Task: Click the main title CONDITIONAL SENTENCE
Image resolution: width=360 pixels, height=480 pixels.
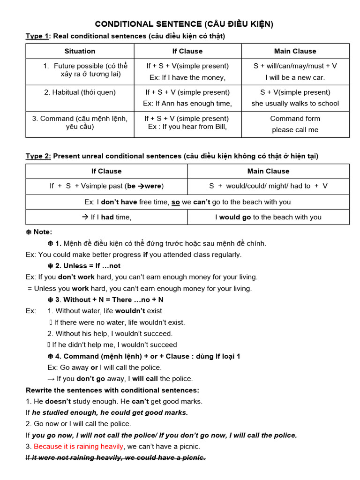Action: tap(184, 24)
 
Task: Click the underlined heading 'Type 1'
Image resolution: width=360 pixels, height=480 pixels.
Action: tap(37, 36)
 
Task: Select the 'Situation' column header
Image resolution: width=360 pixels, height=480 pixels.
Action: tap(80, 51)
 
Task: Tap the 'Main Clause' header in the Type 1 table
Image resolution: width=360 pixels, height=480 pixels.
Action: tap(295, 51)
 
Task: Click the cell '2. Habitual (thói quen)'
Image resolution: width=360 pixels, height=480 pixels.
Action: tap(80, 92)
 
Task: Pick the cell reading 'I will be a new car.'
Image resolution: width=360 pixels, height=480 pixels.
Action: tap(295, 77)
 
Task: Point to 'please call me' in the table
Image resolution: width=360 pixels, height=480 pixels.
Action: tap(295, 130)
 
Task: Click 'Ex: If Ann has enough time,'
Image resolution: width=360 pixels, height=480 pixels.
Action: tap(187, 104)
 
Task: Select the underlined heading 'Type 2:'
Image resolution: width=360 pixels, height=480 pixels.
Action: tap(38, 156)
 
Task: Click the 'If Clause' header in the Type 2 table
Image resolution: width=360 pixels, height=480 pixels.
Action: tap(106, 171)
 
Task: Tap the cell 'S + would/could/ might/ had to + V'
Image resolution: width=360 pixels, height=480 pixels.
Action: tap(268, 186)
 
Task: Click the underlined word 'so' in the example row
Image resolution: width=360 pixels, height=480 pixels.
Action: tap(175, 202)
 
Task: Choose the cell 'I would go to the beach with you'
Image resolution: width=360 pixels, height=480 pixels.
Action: tap(268, 217)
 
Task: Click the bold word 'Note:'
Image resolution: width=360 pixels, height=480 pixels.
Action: tap(43, 232)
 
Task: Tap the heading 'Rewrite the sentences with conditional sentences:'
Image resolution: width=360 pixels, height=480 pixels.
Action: tap(112, 390)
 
